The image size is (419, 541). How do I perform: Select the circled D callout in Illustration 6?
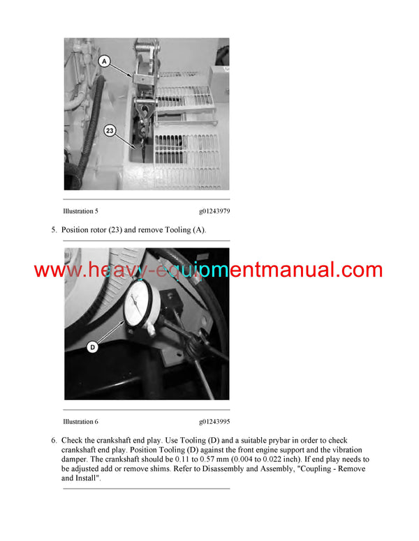coord(93,346)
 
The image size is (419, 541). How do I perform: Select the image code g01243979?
coord(214,211)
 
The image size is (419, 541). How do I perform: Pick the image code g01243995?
coord(214,421)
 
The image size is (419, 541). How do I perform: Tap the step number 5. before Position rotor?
coord(54,229)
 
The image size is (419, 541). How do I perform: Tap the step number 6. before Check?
coord(54,441)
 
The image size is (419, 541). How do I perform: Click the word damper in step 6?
coord(75,459)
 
